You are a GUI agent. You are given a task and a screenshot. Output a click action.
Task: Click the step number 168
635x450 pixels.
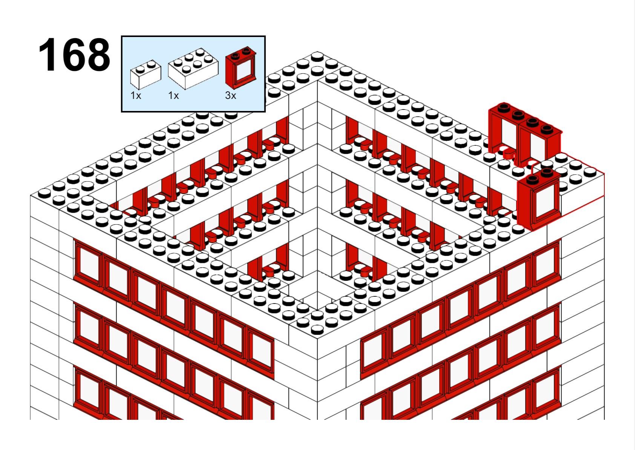pos(74,55)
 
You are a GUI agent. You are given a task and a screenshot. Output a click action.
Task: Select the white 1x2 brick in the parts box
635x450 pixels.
pos(146,74)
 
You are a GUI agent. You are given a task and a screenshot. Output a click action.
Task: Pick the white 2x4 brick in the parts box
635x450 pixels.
pos(193,69)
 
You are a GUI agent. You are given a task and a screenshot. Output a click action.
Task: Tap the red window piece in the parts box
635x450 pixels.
pos(241,68)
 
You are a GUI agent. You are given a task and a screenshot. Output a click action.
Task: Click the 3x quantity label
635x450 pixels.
pos(230,96)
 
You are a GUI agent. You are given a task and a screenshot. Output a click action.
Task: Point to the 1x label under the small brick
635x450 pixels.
pos(135,96)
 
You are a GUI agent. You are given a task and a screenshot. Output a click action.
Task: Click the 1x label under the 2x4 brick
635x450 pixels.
pos(173,96)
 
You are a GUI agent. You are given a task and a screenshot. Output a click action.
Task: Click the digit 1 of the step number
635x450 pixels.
pos(47,55)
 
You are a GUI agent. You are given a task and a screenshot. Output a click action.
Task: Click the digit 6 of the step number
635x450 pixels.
pos(72,55)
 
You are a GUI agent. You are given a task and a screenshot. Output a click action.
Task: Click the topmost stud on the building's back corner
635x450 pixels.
pos(317,57)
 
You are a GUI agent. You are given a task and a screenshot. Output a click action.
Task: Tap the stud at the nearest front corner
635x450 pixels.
pos(317,330)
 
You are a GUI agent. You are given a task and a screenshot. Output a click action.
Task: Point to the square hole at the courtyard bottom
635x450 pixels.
pos(317,290)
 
